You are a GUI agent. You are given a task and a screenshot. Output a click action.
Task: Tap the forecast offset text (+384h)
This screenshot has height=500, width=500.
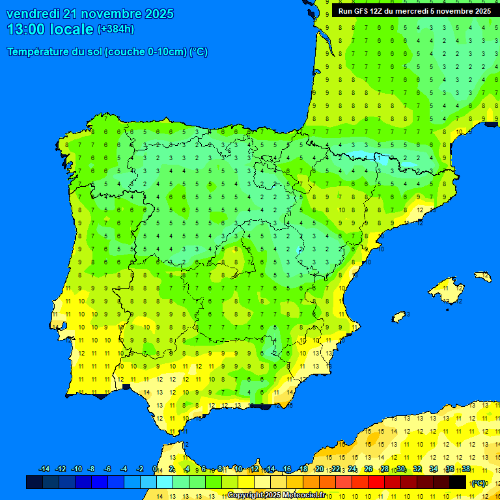pos(116,29)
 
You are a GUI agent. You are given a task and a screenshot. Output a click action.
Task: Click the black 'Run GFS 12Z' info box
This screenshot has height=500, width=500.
pos(414,11)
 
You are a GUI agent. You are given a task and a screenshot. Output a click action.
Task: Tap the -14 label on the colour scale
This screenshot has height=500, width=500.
pos(44,469)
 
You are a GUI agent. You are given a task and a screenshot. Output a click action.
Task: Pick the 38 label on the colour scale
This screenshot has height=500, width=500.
pos(466,469)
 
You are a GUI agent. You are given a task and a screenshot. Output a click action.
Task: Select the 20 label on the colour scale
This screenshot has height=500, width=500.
pos(319,469)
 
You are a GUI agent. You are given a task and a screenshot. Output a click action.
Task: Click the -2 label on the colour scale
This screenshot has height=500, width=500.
pos(139,469)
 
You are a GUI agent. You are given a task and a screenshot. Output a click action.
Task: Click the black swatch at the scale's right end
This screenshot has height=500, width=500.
pos(458,482)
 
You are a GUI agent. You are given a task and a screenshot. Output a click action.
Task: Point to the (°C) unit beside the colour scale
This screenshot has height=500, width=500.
pos(479,482)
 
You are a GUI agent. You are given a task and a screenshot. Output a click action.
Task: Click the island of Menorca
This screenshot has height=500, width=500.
pos(483,276)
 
